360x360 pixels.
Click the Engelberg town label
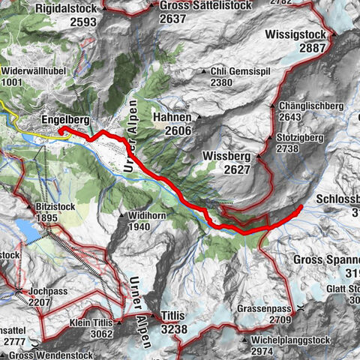coord(65,120)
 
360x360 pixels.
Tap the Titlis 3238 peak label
coord(172,322)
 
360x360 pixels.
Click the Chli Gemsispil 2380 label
coord(235,76)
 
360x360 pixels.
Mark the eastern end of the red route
coord(301,206)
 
